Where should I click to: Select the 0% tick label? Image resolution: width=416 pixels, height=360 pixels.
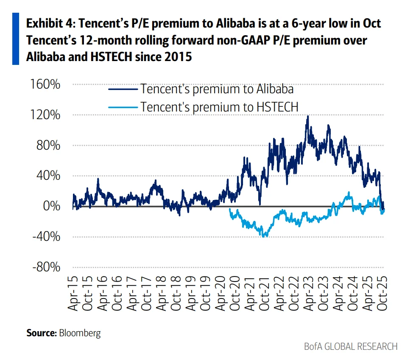[x=51, y=207]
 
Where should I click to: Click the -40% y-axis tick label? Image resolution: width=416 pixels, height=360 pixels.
[x=46, y=237]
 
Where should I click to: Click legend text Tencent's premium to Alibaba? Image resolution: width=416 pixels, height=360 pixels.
[x=217, y=89]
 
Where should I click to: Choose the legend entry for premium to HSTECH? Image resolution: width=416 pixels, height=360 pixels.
[x=219, y=107]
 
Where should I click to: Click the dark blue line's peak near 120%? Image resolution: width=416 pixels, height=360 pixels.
[x=307, y=116]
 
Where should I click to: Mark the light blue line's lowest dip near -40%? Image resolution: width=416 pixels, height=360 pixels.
[x=265, y=236]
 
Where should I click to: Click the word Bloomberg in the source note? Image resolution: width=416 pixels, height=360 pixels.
[x=80, y=333]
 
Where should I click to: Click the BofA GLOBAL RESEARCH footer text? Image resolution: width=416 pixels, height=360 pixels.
[x=351, y=346]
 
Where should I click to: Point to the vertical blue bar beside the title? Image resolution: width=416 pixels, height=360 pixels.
[x=16, y=39]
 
